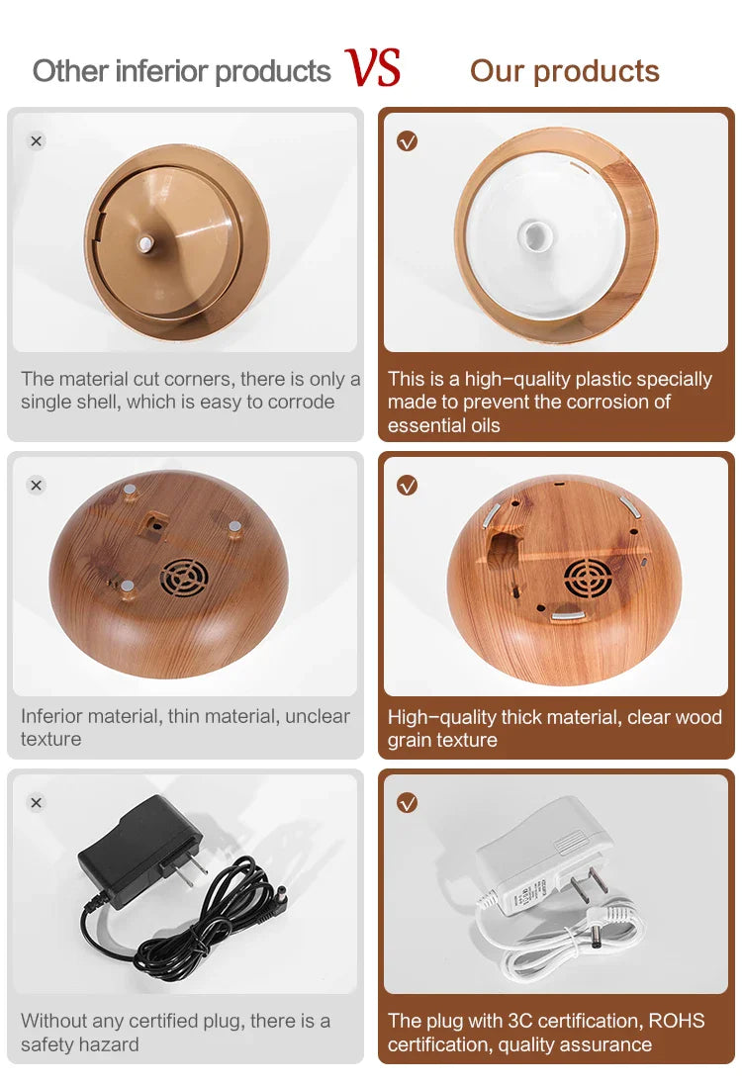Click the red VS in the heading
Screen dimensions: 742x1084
[x=373, y=67]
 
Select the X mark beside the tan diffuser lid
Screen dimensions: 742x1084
[x=37, y=141]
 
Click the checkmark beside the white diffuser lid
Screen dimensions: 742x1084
[x=408, y=141]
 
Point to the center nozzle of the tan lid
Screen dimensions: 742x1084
[x=145, y=243]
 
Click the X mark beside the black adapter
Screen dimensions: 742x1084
[x=37, y=803]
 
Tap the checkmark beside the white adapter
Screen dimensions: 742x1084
[x=408, y=803]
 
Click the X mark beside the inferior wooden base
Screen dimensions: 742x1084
[x=37, y=486]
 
